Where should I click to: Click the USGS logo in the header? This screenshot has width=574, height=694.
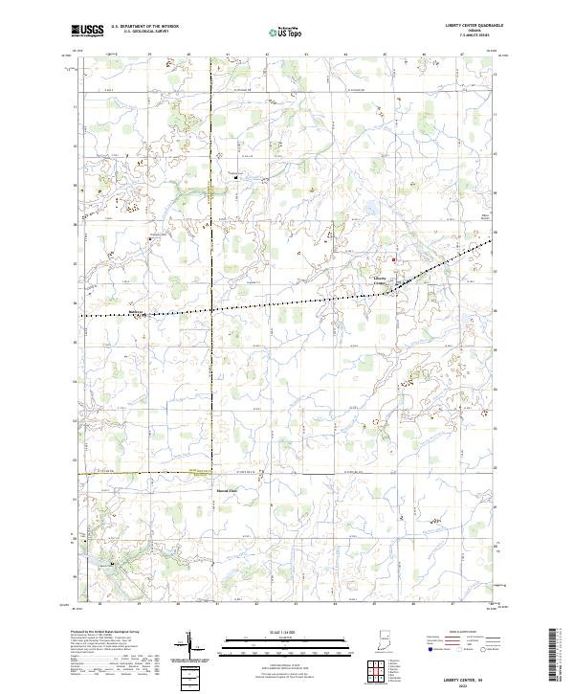pos(87,31)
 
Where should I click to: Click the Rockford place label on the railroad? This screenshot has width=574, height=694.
pos(136,311)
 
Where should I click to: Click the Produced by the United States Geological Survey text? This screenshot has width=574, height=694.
pos(105,633)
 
